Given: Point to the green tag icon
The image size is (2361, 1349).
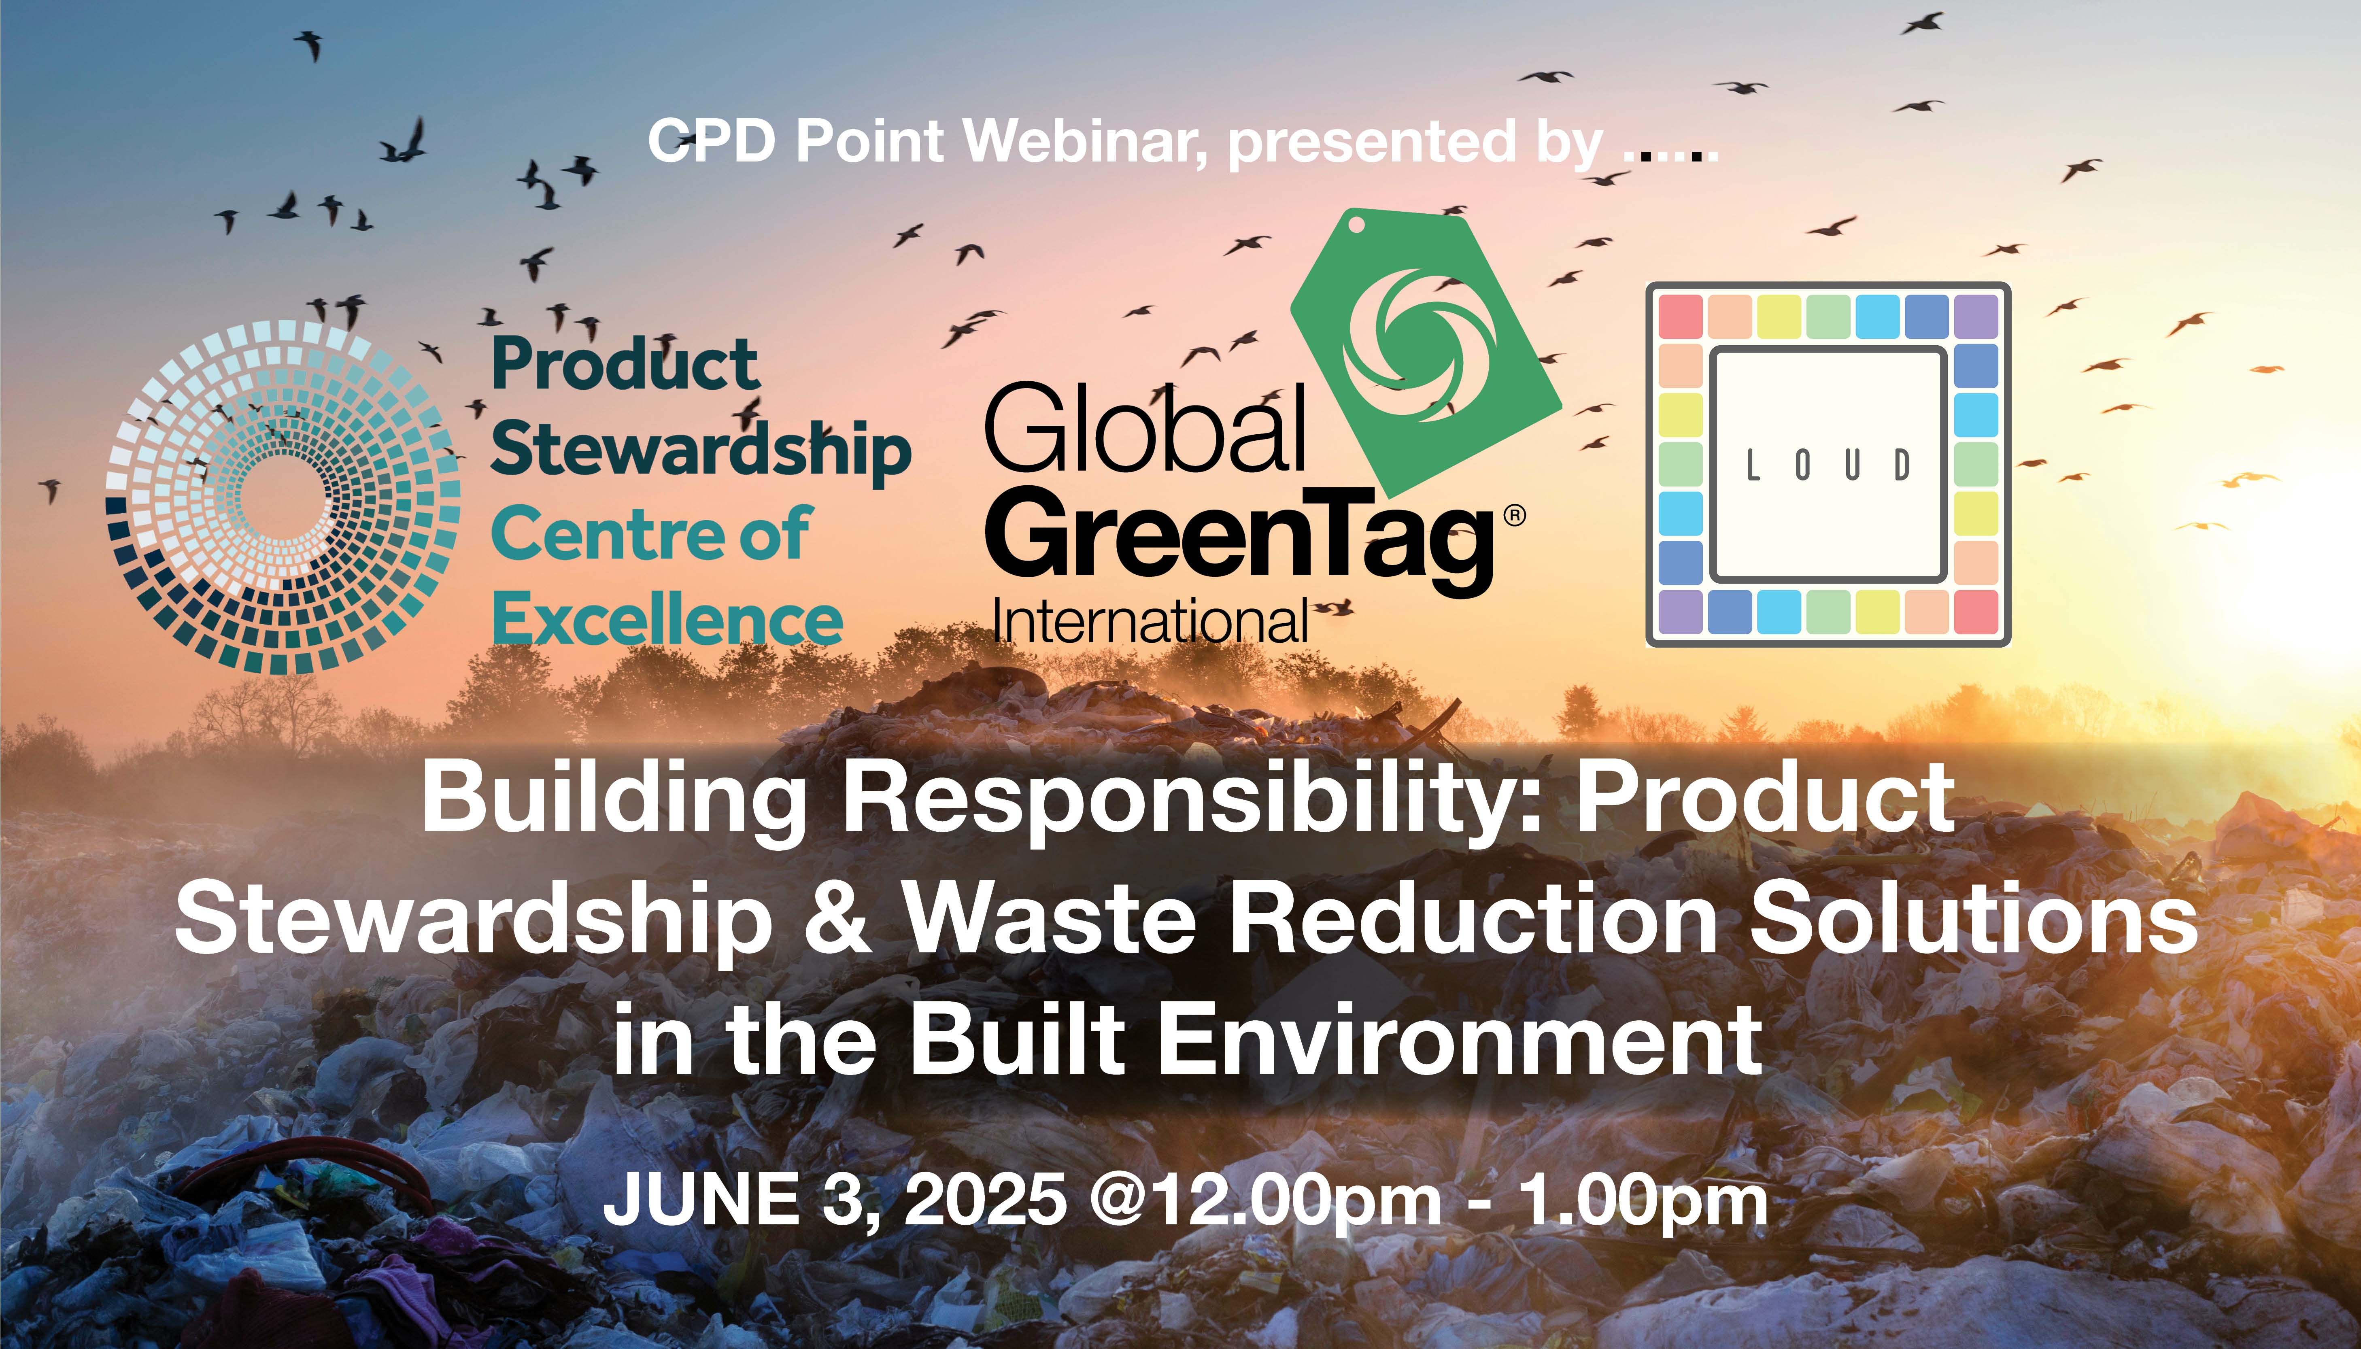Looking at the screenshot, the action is (1424, 352).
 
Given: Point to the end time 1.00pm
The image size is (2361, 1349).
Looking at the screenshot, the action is (1642, 1202).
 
